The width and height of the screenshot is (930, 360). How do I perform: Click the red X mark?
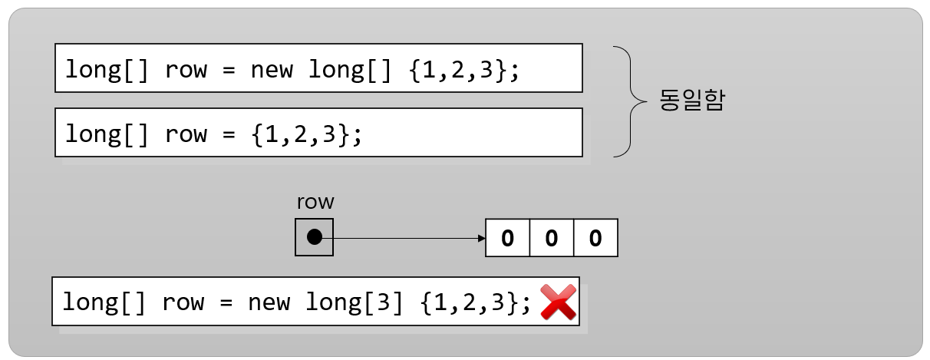click(558, 302)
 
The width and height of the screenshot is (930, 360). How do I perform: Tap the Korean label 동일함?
click(691, 101)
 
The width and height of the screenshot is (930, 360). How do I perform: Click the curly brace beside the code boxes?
click(630, 101)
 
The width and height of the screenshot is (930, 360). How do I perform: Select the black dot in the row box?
click(314, 237)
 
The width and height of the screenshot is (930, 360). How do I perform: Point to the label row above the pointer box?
click(315, 203)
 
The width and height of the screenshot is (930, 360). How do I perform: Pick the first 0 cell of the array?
click(507, 238)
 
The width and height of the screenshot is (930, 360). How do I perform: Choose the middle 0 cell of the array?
click(551, 238)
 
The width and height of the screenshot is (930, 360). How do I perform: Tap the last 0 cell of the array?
click(595, 238)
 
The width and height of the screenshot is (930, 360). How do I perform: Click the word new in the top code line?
click(272, 70)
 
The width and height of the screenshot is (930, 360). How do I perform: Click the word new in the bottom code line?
click(269, 302)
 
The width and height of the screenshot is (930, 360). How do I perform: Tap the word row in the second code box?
click(186, 134)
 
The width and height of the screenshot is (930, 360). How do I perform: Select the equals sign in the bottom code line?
click(226, 302)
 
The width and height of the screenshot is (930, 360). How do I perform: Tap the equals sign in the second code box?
click(229, 134)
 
